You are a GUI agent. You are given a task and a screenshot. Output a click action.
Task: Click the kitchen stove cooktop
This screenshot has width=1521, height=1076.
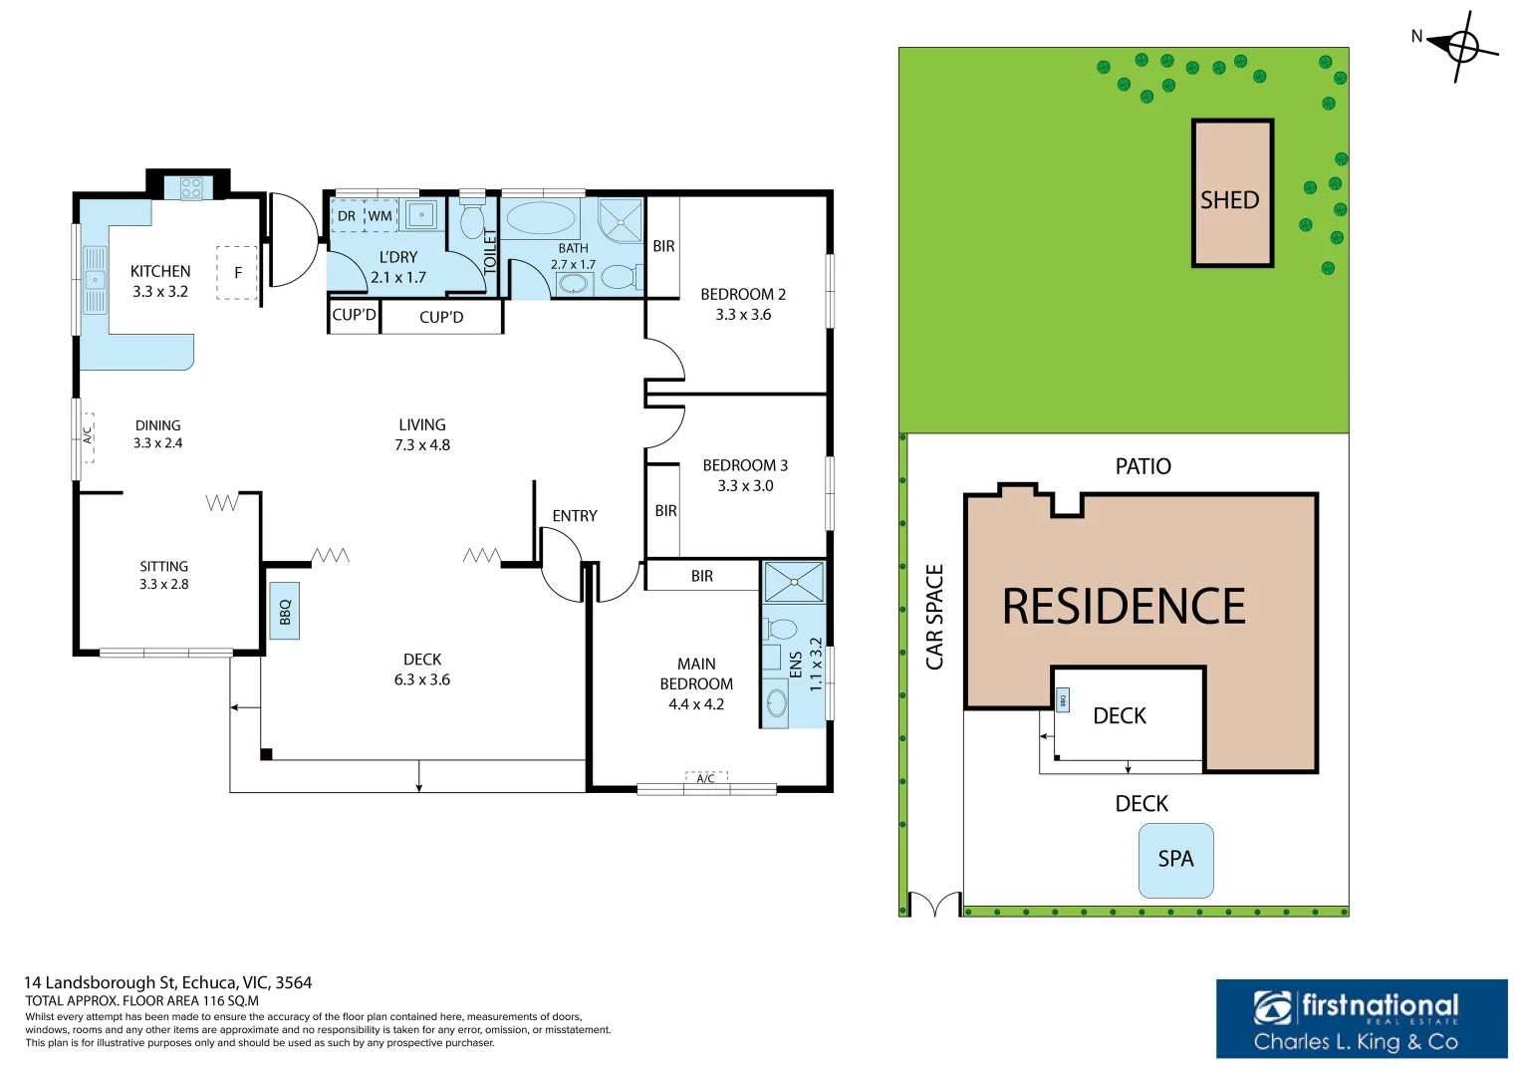pos(191,187)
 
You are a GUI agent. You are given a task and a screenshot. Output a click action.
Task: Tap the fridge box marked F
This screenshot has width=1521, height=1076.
pos(237,272)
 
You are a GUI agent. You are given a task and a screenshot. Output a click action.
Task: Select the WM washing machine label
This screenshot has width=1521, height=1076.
pos(380,216)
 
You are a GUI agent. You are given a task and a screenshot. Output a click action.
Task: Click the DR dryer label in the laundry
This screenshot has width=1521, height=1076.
pos(347,216)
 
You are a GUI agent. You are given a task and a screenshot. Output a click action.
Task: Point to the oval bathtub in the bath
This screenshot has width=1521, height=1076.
pos(541,218)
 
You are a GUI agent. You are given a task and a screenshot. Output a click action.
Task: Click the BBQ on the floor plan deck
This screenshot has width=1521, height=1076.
pos(285,612)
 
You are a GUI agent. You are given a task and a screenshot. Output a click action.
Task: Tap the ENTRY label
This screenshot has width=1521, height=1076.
pos(575,516)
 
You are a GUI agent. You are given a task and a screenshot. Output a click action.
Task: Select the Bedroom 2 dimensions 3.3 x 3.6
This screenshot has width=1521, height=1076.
pos(743,315)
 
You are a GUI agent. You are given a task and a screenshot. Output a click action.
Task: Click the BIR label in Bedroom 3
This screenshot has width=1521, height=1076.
pos(665,511)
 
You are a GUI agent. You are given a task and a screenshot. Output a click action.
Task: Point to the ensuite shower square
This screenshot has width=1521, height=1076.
pos(794,582)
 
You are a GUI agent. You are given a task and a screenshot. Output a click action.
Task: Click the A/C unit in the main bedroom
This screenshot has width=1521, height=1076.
pos(706,778)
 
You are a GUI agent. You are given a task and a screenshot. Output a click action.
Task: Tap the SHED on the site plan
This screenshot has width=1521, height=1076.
pos(1232,193)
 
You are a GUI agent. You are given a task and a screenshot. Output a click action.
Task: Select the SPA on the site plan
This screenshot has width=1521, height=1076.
pos(1176,861)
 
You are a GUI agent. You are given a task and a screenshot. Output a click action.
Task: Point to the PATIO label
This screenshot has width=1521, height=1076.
pos(1143,466)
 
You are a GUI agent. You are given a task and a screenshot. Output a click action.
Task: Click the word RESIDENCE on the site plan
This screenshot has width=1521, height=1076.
pos(1124,607)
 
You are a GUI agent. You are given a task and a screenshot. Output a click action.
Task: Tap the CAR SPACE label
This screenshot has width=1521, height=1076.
pos(935,618)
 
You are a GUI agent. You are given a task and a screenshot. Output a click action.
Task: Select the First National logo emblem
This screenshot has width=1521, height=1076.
pos(1272,1008)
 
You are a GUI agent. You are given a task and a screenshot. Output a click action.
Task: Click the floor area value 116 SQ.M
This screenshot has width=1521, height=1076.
pos(231,1000)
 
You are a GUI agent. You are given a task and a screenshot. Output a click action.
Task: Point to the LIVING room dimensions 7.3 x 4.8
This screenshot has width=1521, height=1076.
pos(422,445)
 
